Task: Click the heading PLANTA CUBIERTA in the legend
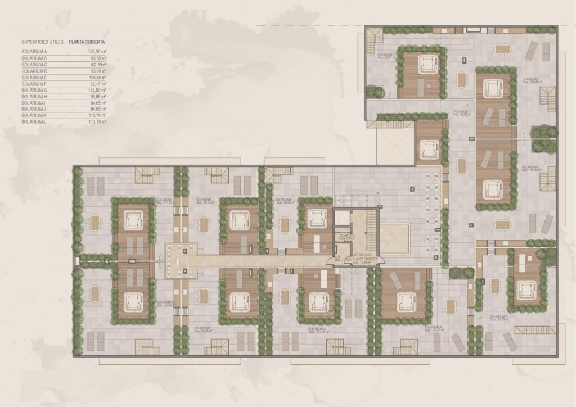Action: click(x=87, y=42)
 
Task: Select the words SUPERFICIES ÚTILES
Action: click(x=41, y=42)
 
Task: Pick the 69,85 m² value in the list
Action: click(x=97, y=96)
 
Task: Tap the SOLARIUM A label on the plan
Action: click(x=433, y=328)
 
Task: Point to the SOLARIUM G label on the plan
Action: click(x=318, y=329)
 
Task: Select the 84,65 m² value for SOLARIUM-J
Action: click(x=97, y=109)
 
